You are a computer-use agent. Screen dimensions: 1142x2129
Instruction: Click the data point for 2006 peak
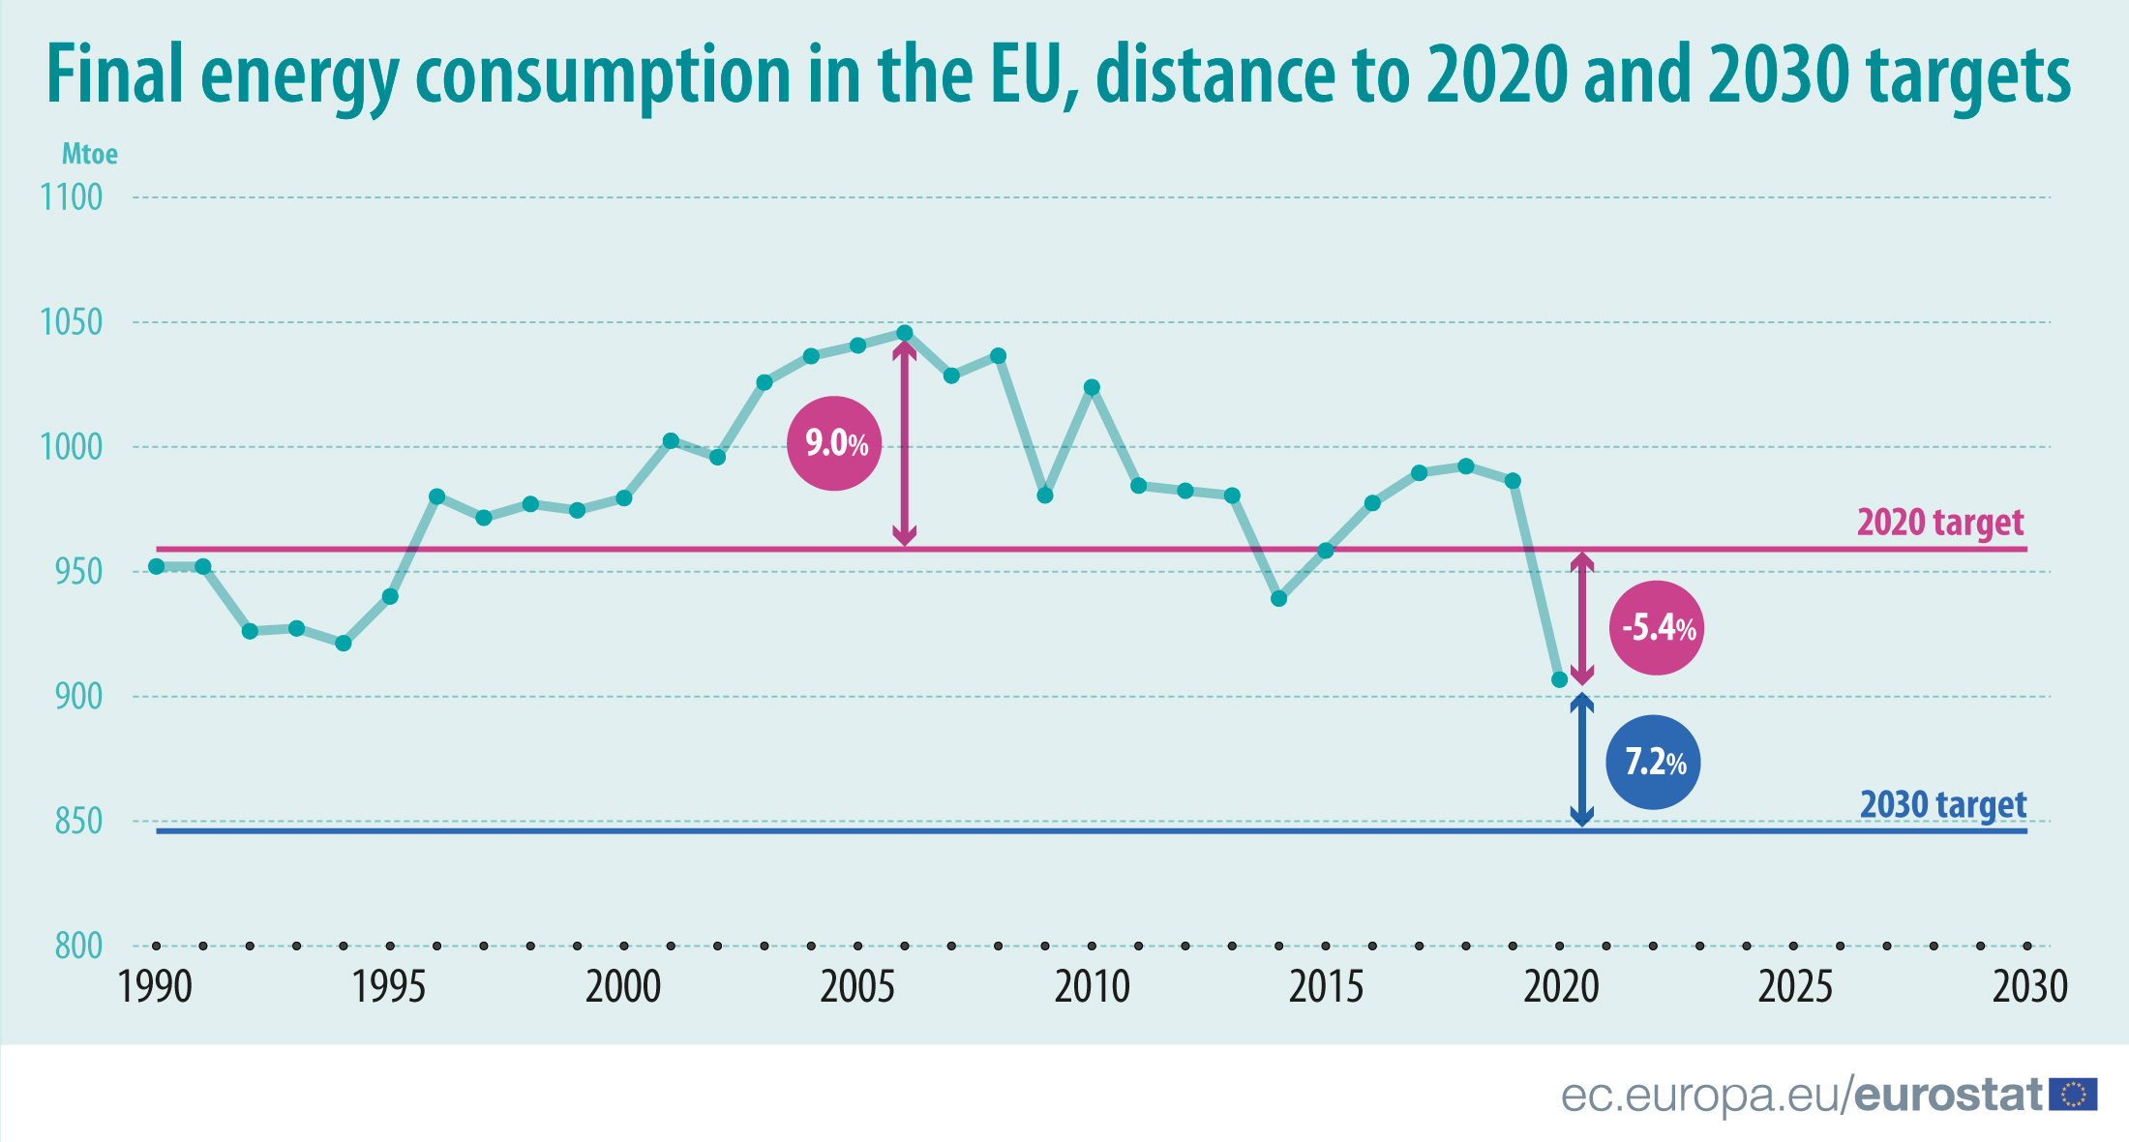tap(905, 333)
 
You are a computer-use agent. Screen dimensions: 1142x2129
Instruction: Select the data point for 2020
tap(1559, 680)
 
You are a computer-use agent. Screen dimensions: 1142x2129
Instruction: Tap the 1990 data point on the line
tap(157, 566)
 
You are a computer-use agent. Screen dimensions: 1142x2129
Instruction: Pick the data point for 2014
tap(1278, 599)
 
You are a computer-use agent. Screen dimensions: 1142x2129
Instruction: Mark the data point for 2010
tap(1092, 387)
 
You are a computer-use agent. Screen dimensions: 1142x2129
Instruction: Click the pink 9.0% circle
tap(834, 443)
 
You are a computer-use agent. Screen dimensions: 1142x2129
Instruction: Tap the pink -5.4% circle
tap(1656, 628)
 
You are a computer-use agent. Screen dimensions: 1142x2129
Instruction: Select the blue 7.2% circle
tap(1653, 762)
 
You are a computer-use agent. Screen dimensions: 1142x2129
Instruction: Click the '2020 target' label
tap(1939, 523)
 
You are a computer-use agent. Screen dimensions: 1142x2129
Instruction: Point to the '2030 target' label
tap(1942, 804)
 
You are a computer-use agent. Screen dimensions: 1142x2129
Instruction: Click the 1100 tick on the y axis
tap(72, 197)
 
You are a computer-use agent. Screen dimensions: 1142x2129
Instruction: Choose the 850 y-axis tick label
tap(78, 822)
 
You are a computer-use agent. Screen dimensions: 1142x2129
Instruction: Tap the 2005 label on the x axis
tap(857, 987)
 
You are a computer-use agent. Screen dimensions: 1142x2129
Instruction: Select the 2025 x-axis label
tap(1795, 987)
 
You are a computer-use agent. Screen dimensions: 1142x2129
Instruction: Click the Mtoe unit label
tap(90, 154)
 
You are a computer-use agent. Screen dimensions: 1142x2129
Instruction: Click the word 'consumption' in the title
tap(603, 75)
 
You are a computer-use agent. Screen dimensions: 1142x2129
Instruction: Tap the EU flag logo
tap(2074, 1095)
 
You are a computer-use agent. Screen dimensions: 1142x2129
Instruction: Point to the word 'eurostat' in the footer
tap(1947, 1095)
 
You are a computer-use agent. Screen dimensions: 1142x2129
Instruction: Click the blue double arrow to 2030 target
tap(1581, 761)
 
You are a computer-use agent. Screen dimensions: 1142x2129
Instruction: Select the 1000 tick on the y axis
tap(72, 447)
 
